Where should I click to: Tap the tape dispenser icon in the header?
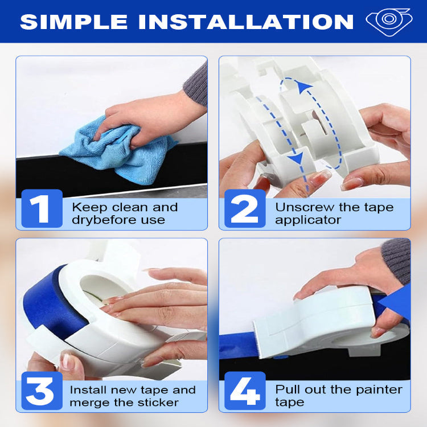click(388, 21)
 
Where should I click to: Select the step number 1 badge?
click(42, 209)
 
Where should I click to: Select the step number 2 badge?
click(244, 209)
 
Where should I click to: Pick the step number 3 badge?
click(41, 392)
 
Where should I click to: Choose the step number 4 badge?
click(244, 392)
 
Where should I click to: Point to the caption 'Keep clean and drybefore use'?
click(125, 213)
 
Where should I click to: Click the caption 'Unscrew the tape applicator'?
click(334, 213)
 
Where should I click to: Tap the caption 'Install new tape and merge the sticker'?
click(132, 396)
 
